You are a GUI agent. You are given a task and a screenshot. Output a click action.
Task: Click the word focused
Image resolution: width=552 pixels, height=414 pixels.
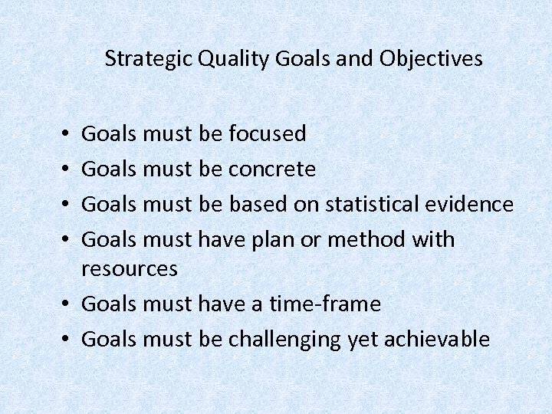[x=268, y=133]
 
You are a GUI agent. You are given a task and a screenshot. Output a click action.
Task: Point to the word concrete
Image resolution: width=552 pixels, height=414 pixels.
[x=272, y=169]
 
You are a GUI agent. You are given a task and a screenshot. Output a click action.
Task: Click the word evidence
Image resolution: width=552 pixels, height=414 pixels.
[x=476, y=204]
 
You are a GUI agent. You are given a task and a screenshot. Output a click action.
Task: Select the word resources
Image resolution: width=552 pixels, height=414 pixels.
[x=129, y=269]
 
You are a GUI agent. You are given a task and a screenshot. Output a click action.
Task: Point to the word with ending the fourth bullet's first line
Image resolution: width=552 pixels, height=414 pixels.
[x=433, y=239]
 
